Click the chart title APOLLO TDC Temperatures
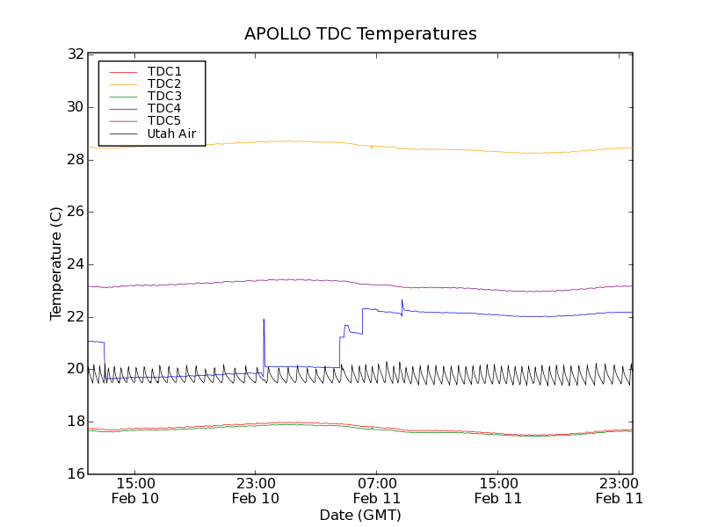pyautogui.click(x=360, y=34)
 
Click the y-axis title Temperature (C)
pyautogui.click(x=56, y=263)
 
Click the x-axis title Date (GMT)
pyautogui.click(x=360, y=515)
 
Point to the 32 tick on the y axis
pyautogui.click(x=75, y=54)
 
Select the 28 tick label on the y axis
pyautogui.click(x=75, y=160)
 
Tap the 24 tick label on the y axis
pyautogui.click(x=75, y=264)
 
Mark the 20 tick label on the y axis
pyautogui.click(x=75, y=369)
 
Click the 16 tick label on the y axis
pyautogui.click(x=75, y=474)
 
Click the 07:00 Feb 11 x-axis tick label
pyautogui.click(x=377, y=490)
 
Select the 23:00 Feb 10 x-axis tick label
pyautogui.click(x=256, y=490)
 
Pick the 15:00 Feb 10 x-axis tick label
pyautogui.click(x=135, y=490)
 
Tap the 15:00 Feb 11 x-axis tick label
pyautogui.click(x=498, y=490)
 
